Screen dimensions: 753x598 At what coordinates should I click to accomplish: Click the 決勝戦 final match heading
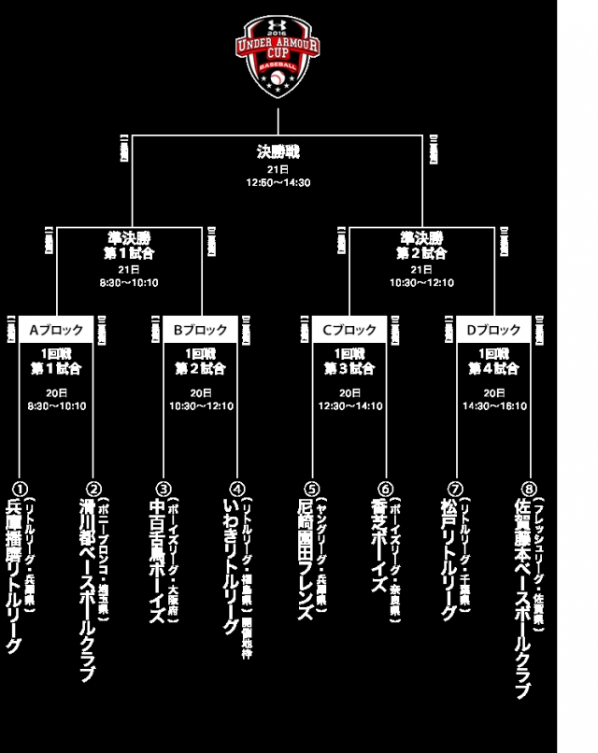[278, 151]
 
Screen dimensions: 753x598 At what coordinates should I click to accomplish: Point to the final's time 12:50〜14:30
[278, 182]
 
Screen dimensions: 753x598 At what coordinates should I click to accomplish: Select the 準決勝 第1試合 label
[130, 245]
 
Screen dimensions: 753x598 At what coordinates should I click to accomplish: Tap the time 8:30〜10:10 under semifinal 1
[130, 283]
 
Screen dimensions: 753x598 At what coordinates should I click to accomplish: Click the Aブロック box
[56, 330]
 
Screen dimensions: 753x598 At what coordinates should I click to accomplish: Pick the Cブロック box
[349, 330]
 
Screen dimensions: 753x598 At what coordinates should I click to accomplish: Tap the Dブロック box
[493, 330]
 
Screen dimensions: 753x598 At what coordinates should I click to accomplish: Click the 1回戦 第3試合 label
[349, 362]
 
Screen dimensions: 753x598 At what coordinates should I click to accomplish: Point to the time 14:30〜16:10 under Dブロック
[493, 406]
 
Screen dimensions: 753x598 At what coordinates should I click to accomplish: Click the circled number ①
[18, 489]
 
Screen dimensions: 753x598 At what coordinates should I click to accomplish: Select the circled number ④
[236, 489]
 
